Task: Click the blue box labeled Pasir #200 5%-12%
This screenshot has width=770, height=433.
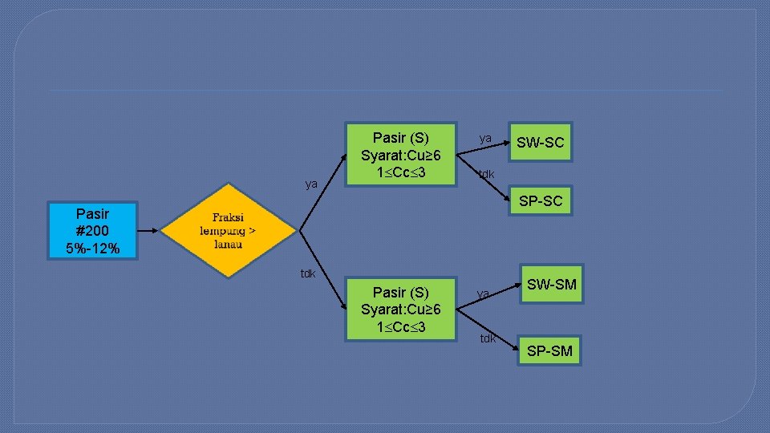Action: (x=94, y=231)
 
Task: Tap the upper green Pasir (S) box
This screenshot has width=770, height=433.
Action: (x=400, y=153)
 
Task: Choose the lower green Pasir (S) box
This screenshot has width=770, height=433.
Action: (x=400, y=310)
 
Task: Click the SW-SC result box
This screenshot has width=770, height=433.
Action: (x=540, y=143)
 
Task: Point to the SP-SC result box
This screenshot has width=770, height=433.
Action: (x=540, y=200)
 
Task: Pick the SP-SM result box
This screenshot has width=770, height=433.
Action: (x=549, y=350)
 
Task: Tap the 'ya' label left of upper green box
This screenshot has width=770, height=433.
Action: (x=311, y=184)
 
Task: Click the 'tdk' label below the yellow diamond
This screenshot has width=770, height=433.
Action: (x=308, y=273)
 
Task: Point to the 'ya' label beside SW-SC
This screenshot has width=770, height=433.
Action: (x=485, y=138)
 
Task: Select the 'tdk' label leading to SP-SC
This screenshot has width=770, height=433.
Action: (x=486, y=174)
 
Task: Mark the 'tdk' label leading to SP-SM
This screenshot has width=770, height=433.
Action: (x=488, y=338)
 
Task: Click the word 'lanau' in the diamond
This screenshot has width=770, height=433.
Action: (x=228, y=244)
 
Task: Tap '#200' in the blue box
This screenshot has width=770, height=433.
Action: (x=94, y=231)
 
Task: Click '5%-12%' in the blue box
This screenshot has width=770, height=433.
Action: (x=94, y=249)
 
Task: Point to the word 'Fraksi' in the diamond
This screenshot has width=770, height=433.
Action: (x=228, y=217)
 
